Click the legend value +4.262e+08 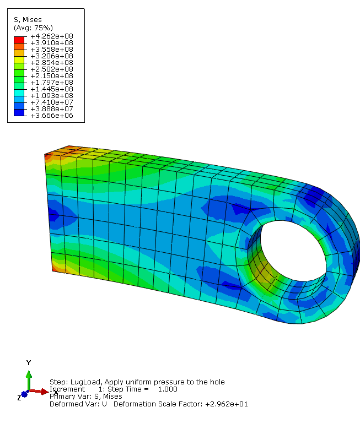52,36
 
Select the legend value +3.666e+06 52,116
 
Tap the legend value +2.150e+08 52,76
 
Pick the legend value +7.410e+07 52,102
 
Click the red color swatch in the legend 19,40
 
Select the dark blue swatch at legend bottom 19,112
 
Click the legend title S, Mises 28,20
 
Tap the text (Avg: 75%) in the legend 33,28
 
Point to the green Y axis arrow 29,381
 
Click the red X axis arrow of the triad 39,392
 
